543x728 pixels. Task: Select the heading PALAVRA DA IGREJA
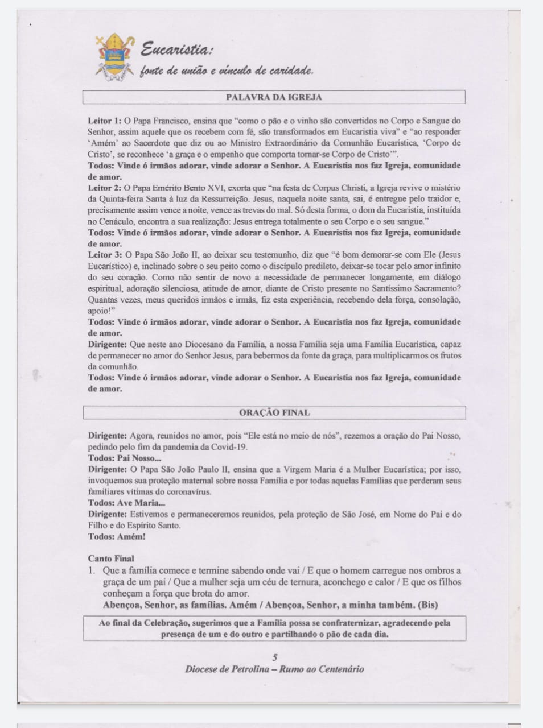274,97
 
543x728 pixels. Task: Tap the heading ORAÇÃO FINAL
274,412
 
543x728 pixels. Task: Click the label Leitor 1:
105,121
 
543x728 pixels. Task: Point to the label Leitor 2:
105,188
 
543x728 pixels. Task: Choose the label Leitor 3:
105,255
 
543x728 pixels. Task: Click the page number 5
275,657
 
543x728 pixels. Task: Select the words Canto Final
111,559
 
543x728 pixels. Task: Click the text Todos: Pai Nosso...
125,458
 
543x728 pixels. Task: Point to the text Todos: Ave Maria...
127,503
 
